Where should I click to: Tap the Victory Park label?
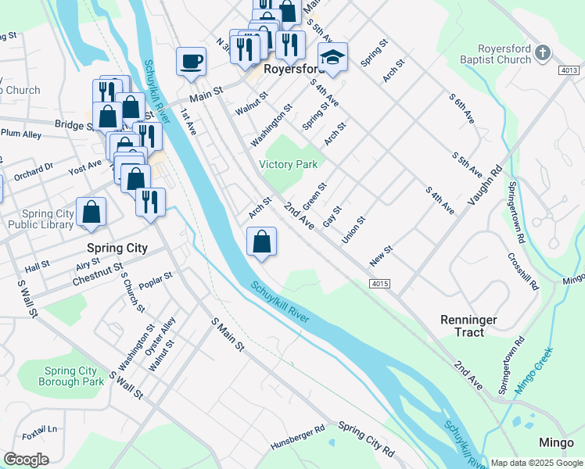[x=289, y=164]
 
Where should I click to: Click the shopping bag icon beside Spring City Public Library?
[x=92, y=212]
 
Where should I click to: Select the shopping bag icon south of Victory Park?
[x=262, y=242]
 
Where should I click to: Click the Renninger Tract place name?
[x=468, y=326]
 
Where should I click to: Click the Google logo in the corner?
[x=26, y=459]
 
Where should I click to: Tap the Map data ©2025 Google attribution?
[x=537, y=463]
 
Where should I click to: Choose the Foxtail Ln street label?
[x=40, y=429]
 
